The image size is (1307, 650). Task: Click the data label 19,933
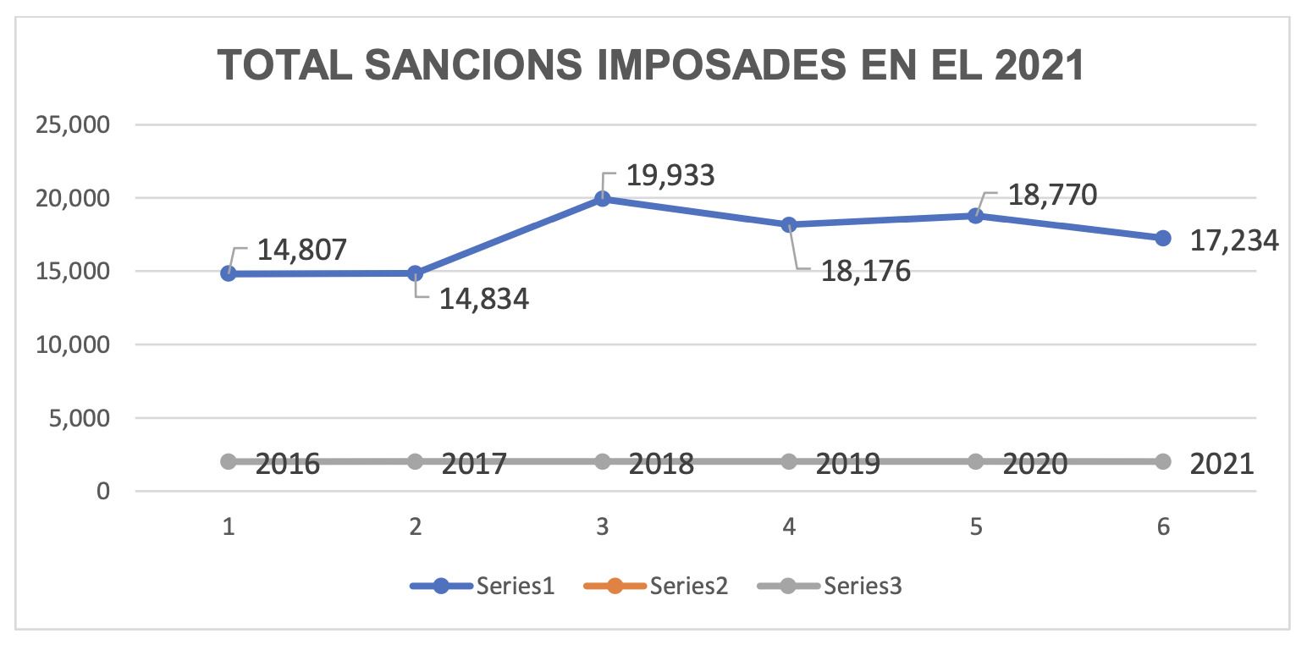(670, 175)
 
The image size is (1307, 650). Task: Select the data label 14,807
(302, 251)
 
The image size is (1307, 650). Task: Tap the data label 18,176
(865, 272)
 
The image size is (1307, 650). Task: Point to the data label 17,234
(1233, 240)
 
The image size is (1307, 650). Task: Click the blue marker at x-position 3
(603, 199)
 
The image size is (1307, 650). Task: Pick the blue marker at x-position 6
(1163, 238)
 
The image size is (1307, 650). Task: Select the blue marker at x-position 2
(415, 273)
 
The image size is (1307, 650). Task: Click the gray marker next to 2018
(603, 461)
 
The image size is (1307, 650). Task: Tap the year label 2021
(1222, 464)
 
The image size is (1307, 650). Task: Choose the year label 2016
(287, 464)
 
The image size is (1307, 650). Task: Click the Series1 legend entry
(483, 586)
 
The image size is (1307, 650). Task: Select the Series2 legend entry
(656, 586)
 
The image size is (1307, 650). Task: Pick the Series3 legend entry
(830, 586)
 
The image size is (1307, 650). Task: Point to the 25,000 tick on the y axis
(73, 125)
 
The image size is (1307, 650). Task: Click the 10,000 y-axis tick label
(73, 344)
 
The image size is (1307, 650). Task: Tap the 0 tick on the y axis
(102, 491)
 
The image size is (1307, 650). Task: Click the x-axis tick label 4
(789, 527)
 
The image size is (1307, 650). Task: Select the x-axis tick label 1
(229, 527)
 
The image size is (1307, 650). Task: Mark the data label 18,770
(1052, 195)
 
